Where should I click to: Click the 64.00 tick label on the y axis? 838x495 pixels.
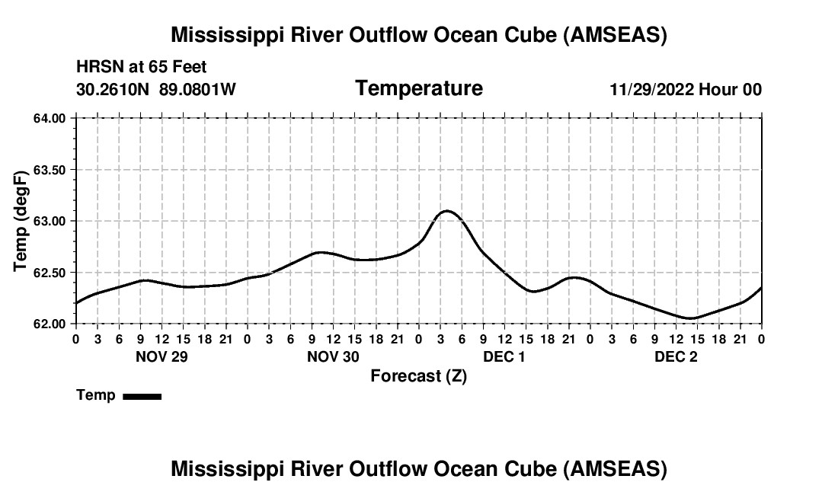tap(50, 118)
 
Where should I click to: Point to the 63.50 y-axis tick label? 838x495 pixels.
tap(50, 170)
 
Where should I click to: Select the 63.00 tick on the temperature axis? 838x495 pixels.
tap(50, 221)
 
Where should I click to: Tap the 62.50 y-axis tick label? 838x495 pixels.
tap(50, 273)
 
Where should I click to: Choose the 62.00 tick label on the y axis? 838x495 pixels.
tap(50, 324)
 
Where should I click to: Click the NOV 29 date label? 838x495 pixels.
tap(161, 356)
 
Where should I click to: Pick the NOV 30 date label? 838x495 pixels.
tap(333, 356)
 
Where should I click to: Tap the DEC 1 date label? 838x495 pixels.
tap(504, 356)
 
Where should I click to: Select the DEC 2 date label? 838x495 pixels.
tap(676, 356)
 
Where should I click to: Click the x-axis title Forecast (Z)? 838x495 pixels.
tap(418, 375)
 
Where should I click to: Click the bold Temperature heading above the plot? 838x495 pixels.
tap(419, 88)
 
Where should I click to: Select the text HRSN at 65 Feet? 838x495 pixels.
tap(141, 68)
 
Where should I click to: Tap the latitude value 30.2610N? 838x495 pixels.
tap(114, 90)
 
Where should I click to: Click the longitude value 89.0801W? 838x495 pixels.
tap(197, 90)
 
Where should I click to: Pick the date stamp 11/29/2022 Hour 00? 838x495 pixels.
tap(686, 90)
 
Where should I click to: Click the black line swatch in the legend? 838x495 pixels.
tap(142, 396)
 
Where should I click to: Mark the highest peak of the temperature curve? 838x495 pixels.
tap(446, 211)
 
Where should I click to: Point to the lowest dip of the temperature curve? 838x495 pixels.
tap(690, 318)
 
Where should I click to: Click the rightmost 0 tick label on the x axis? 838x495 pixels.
tap(762, 338)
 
